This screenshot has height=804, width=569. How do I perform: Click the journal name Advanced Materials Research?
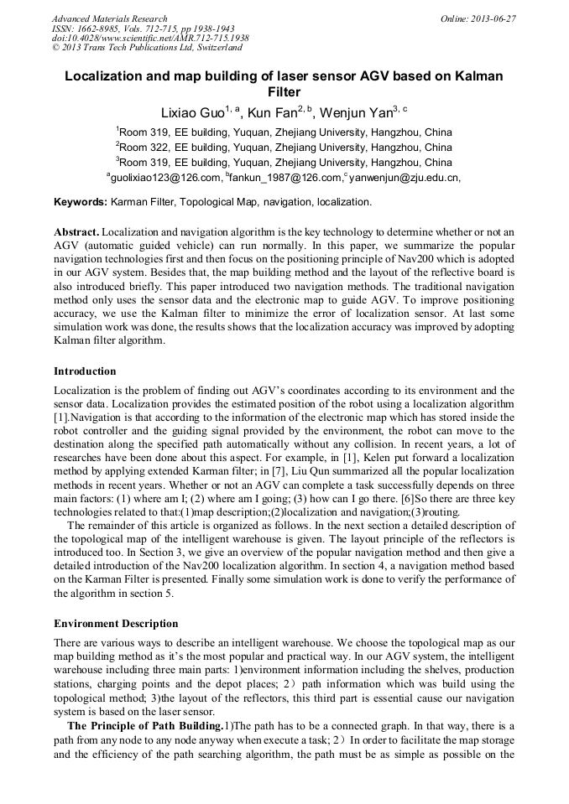click(x=109, y=18)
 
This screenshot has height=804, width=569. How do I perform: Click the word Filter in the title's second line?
click(x=284, y=92)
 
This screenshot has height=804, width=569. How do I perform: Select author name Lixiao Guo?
click(x=192, y=113)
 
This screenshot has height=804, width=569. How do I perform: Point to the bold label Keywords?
click(x=81, y=202)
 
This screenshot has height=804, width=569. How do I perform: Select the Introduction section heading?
click(x=85, y=371)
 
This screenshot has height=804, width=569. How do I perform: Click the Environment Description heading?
click(x=116, y=624)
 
